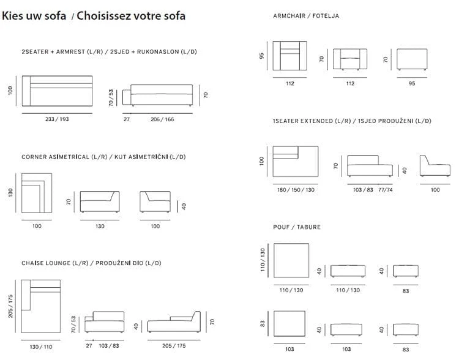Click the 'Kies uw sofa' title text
[x=34, y=15]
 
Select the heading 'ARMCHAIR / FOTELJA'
[x=306, y=16]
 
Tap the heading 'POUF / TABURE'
[x=297, y=227]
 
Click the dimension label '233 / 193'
[x=57, y=119]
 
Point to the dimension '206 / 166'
[x=162, y=119]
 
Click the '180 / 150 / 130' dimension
[x=296, y=190]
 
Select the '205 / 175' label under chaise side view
[x=174, y=346]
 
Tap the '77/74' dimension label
[x=385, y=190]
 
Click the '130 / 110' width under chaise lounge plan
[x=41, y=347]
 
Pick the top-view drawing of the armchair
[x=290, y=56]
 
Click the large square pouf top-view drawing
[x=291, y=260]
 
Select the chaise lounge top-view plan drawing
[x=40, y=306]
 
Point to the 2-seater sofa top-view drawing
[x=57, y=91]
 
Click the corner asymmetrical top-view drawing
[x=37, y=193]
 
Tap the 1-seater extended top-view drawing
[x=296, y=162]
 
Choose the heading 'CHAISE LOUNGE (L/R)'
[x=55, y=263]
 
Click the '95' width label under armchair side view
[x=412, y=83]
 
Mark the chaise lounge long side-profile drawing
[x=174, y=322]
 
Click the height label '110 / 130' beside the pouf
[x=263, y=260]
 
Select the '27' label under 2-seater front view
[x=127, y=119]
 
